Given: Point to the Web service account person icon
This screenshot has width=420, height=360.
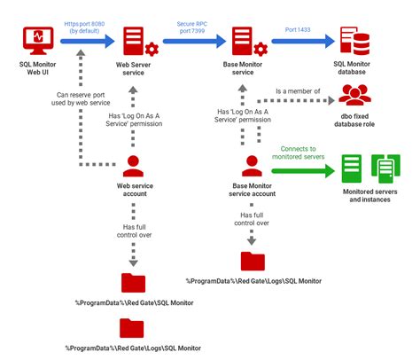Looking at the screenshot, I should coord(133,166).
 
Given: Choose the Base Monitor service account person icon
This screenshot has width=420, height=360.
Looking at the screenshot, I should coord(251,164).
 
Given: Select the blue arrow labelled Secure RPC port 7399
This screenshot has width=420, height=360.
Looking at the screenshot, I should coord(191,41).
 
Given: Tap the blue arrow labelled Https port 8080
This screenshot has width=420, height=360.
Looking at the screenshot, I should coord(83,41).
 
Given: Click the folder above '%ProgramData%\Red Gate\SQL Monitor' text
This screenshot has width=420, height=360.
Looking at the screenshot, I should coord(133,285).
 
